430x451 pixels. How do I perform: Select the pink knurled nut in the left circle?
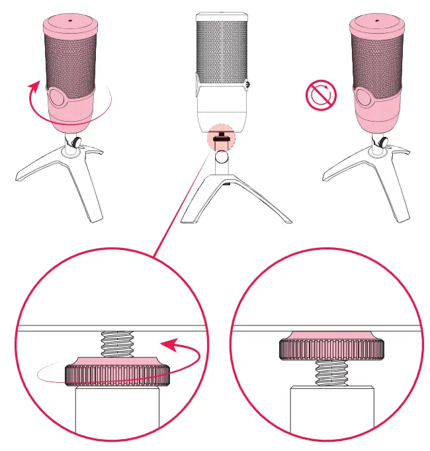[118, 372]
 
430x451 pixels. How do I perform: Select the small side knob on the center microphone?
[247, 84]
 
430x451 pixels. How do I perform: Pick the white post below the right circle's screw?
[331, 410]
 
